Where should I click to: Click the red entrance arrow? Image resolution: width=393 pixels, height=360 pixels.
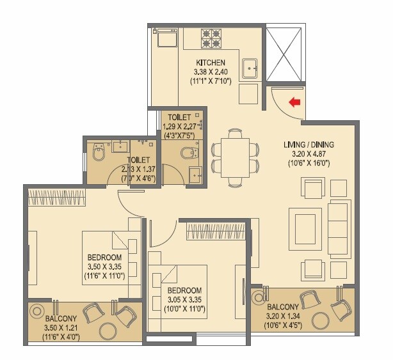click(295, 102)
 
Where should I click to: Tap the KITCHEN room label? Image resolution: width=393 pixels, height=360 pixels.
click(211, 62)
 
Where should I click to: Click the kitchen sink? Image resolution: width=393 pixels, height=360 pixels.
click(249, 67)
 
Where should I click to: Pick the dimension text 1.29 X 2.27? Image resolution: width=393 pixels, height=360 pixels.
click(182, 127)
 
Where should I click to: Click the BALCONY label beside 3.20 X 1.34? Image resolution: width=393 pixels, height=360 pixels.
click(282, 306)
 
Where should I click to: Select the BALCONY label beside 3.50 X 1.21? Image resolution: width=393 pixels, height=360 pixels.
click(61, 318)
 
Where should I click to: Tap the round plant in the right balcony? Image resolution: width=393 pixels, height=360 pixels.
click(259, 297)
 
